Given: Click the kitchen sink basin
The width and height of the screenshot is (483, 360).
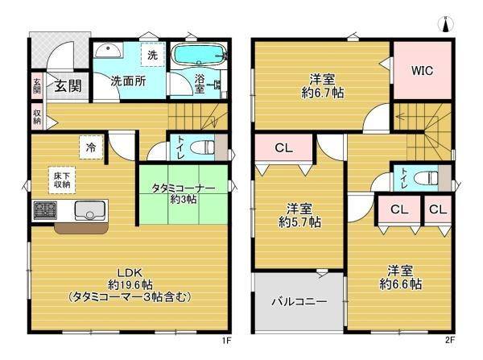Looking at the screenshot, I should [x=87, y=212].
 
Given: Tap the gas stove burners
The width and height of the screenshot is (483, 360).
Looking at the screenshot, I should [x=44, y=211].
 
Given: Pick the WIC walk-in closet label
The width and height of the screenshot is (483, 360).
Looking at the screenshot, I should [x=423, y=71].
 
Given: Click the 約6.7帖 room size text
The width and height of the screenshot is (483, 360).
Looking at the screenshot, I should [x=323, y=92].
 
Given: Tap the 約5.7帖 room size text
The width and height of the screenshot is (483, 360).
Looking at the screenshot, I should [x=299, y=221].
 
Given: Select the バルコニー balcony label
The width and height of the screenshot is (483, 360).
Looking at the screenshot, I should [x=298, y=303].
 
